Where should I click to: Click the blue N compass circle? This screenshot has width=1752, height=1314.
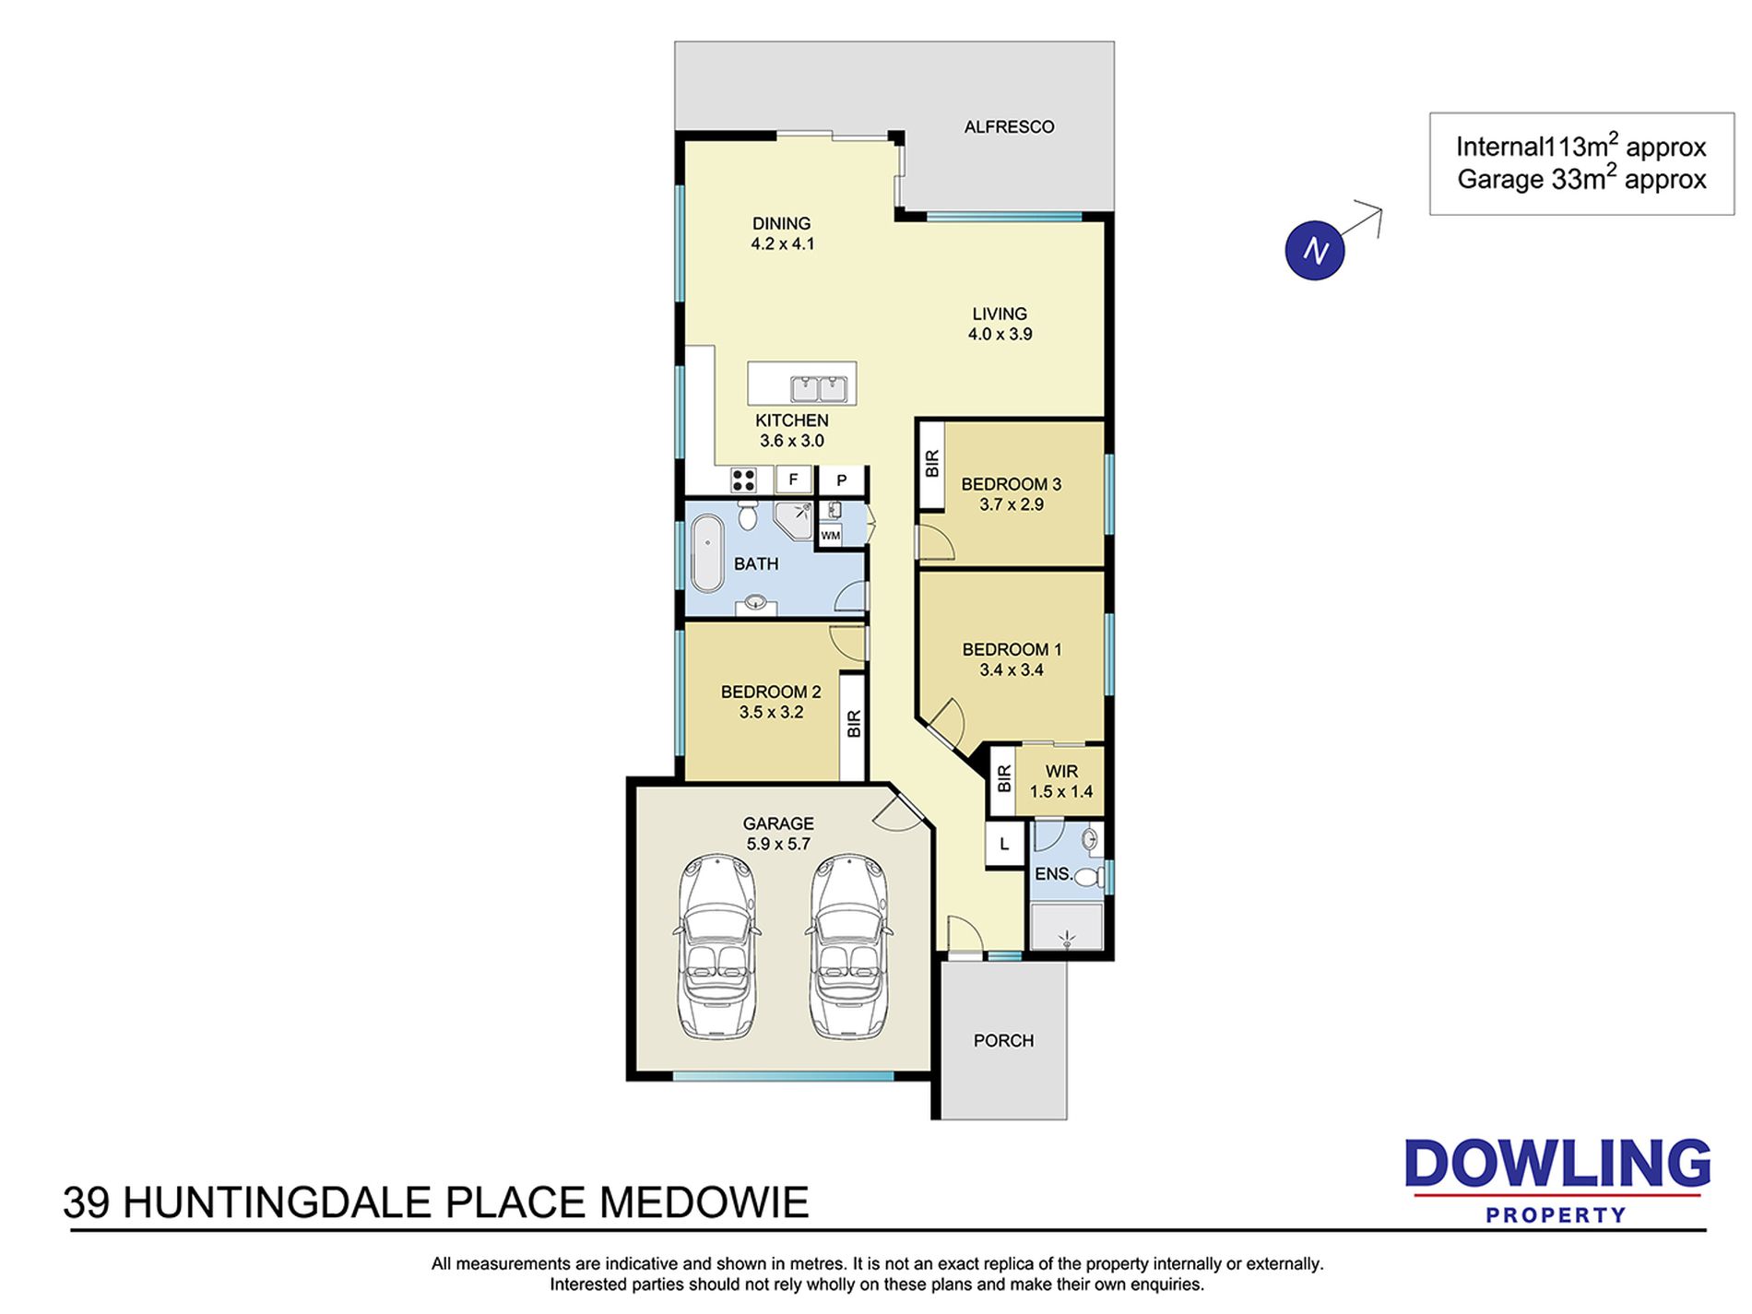click(x=1315, y=250)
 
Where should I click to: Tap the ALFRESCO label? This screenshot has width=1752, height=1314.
click(x=1009, y=127)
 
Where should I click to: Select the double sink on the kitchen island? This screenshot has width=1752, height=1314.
click(x=819, y=389)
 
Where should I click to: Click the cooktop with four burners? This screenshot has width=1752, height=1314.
click(x=743, y=479)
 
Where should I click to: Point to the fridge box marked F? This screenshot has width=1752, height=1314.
click(x=793, y=479)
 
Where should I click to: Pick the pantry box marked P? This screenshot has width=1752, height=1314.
click(x=842, y=480)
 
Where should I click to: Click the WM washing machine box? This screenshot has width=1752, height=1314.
click(x=830, y=535)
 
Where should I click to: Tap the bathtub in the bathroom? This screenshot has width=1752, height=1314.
click(x=707, y=553)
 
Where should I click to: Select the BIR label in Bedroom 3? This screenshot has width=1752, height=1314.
click(x=931, y=463)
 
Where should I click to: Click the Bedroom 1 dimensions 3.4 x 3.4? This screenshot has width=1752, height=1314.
click(x=1012, y=670)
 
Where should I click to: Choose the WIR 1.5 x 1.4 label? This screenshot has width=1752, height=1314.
click(x=1061, y=781)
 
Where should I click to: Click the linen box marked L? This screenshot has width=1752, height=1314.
click(x=1004, y=844)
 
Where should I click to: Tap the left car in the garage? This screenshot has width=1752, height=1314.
click(x=717, y=946)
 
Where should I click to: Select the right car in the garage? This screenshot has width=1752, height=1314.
click(x=848, y=946)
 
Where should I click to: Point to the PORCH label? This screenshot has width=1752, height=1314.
click(x=1003, y=1041)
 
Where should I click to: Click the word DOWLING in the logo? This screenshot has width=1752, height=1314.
click(x=1557, y=1165)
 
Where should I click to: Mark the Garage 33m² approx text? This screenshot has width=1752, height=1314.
click(x=1581, y=179)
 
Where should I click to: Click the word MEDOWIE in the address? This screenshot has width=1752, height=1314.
click(x=704, y=1203)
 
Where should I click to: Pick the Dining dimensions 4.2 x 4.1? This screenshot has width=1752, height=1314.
click(x=783, y=244)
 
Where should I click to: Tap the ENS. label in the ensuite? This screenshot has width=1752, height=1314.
click(x=1054, y=874)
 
